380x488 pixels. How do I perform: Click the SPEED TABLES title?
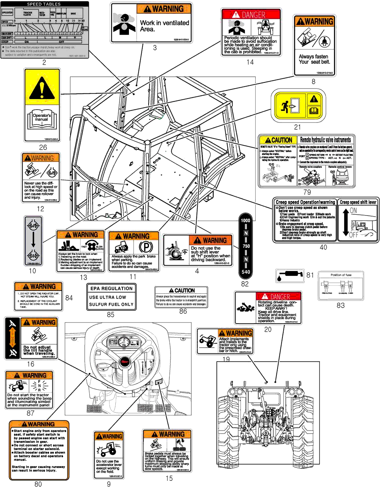tap(44, 4)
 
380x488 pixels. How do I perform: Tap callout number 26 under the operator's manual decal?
tap(43, 147)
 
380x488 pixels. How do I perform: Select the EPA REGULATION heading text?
tap(112, 288)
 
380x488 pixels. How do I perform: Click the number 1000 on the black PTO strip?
tap(245, 220)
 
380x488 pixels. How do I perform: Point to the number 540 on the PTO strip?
tap(245, 272)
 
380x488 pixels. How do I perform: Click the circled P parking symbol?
tap(146, 247)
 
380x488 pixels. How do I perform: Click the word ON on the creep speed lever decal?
tap(353, 211)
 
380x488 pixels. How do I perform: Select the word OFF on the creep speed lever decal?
tap(354, 235)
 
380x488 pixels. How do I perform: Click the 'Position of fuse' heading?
tap(341, 275)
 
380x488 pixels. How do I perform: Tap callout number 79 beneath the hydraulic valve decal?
tap(307, 192)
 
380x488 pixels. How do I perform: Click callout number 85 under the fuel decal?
tap(110, 314)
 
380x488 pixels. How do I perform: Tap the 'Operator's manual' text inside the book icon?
tap(42, 117)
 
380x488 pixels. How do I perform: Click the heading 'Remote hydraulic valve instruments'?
tap(325, 140)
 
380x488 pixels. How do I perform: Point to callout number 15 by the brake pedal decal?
tap(169, 478)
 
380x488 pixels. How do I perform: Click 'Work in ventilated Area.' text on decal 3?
tap(164, 26)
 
